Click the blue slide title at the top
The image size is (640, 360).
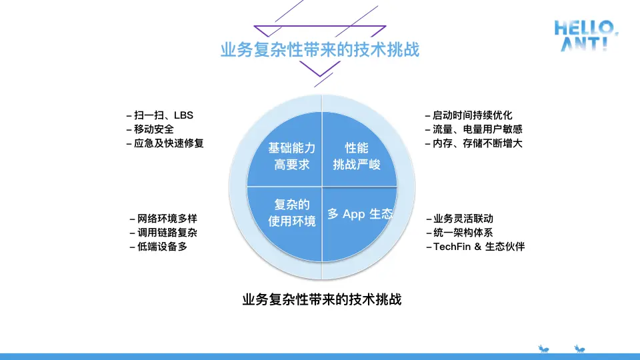coord(320,50)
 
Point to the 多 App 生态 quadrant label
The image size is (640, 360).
coord(360,215)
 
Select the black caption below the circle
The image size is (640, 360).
coord(322,299)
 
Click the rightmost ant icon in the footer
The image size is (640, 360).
coord(579,348)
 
